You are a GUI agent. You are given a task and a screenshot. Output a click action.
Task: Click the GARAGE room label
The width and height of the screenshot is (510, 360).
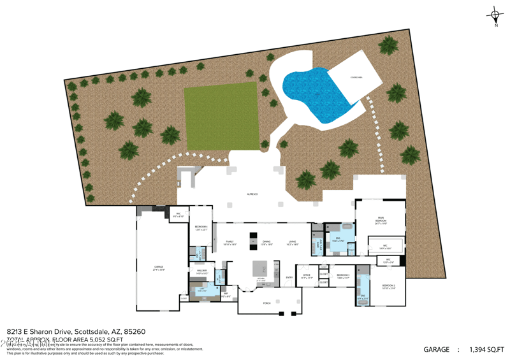point(158,267)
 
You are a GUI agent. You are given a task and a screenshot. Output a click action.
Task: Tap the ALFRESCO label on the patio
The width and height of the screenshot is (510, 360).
point(252,194)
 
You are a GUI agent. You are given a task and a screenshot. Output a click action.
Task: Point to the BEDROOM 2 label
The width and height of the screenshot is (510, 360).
point(389,286)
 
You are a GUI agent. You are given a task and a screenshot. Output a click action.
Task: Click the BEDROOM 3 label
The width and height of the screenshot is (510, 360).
point(343,275)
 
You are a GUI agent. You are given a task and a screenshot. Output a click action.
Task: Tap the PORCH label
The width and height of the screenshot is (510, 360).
point(266,303)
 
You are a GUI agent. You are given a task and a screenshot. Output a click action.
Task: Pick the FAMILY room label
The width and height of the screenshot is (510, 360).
point(229,242)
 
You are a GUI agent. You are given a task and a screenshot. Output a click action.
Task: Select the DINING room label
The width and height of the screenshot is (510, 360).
point(266,242)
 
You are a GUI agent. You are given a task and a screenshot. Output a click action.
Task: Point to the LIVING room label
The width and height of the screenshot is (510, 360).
point(293,242)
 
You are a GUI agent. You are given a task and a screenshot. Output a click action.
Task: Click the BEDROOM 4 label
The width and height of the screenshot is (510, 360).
point(201,227)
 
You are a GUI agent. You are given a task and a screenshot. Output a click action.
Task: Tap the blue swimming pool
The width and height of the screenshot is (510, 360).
point(312,96)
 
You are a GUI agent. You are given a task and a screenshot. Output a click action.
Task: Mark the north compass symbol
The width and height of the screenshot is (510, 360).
point(495,15)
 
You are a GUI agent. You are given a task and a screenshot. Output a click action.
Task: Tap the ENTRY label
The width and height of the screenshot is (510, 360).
point(289,277)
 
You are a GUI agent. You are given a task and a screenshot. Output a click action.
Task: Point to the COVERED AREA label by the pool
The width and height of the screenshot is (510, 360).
point(356,77)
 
